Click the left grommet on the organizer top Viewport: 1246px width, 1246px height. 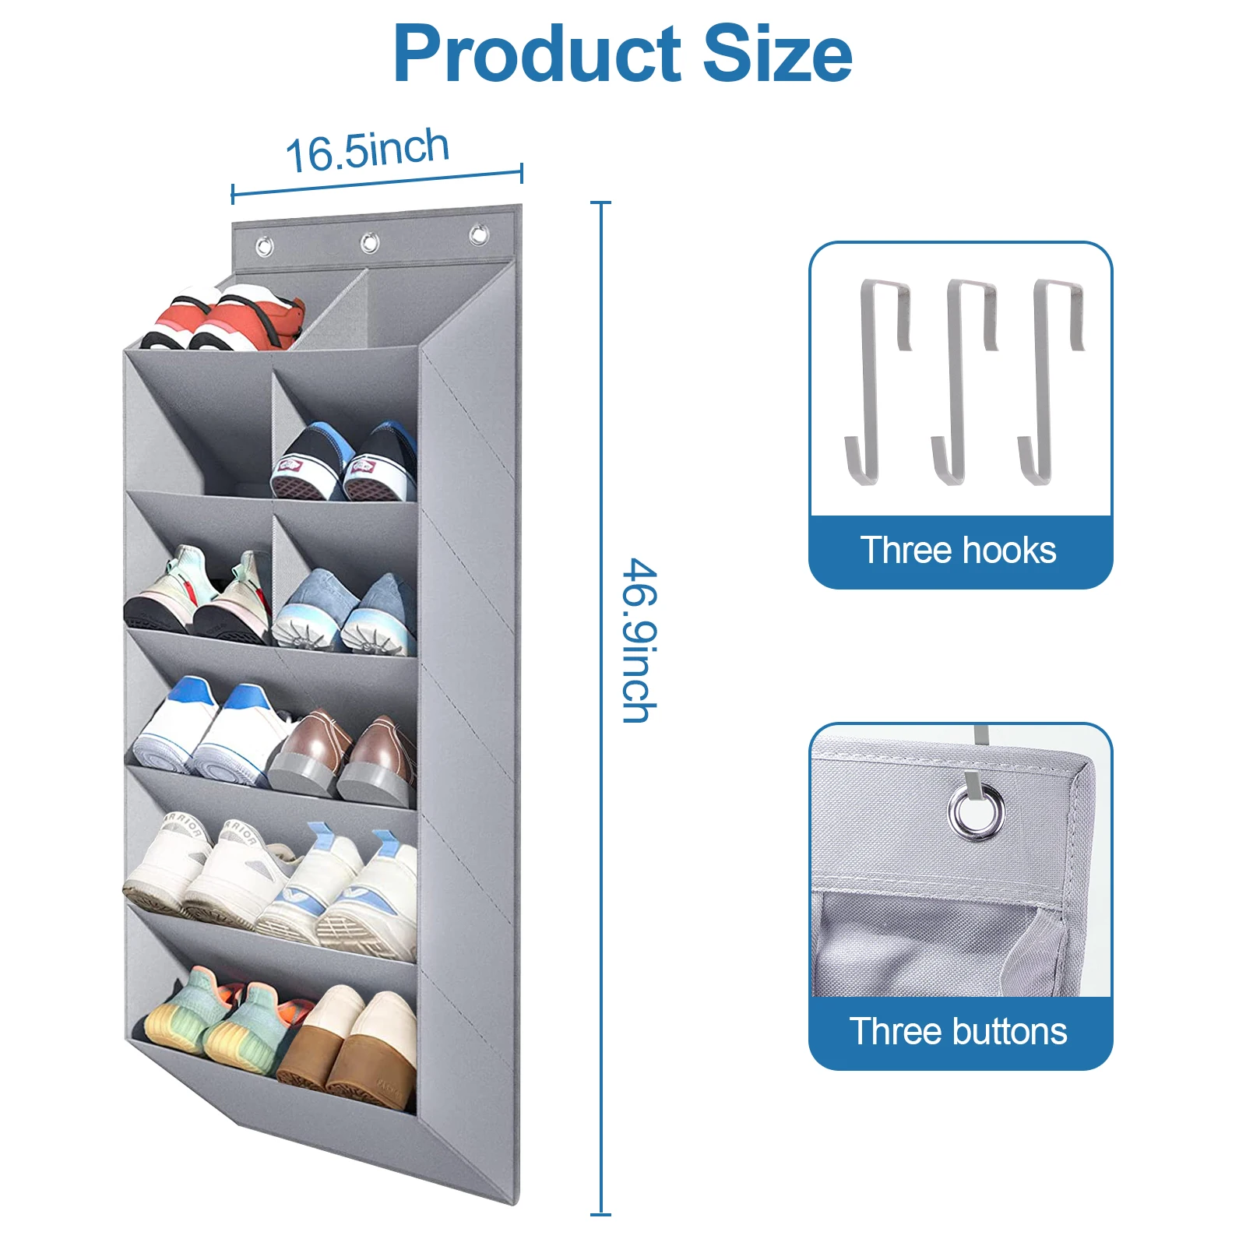coord(265,247)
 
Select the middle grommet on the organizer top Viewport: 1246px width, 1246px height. coord(370,242)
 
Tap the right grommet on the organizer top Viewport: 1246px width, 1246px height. coord(478,234)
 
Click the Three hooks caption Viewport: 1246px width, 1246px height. coord(959,551)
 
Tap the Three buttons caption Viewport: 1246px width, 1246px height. coord(959,1032)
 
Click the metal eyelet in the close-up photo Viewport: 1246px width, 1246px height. coord(977,811)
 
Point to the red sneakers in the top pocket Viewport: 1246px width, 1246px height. coord(226,319)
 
